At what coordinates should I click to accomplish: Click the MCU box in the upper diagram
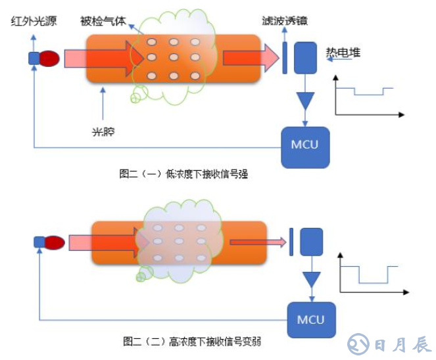[304, 144]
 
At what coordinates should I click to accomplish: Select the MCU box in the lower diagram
[311, 320]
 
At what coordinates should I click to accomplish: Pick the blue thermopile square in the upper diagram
[305, 58]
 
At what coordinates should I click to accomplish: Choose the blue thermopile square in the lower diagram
[311, 242]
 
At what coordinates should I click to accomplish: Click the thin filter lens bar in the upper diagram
[284, 58]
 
